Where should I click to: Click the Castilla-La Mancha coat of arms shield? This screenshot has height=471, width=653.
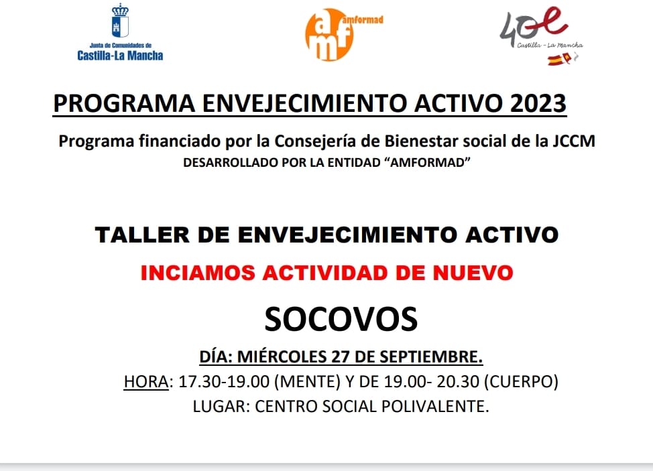(x=120, y=22)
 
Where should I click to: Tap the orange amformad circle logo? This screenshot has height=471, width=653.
(x=329, y=35)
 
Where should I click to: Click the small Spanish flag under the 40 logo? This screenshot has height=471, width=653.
(x=558, y=60)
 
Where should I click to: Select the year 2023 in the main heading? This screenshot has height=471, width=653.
(x=538, y=103)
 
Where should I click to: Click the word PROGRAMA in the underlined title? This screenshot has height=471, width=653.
(x=124, y=103)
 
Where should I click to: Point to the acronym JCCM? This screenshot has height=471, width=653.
(x=574, y=141)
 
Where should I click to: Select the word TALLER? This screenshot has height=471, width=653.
(x=142, y=234)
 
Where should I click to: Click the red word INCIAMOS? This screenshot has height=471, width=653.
(x=197, y=273)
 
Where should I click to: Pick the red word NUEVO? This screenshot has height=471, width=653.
(x=473, y=273)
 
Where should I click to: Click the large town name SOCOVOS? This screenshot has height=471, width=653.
(x=341, y=319)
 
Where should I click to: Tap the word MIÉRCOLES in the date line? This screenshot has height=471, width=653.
(x=282, y=357)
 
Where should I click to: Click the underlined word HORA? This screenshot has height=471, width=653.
(x=146, y=381)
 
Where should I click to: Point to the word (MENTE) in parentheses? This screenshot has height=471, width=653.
(x=307, y=381)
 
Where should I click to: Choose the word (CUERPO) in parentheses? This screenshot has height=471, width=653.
(x=521, y=381)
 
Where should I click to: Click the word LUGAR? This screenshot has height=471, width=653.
(x=221, y=406)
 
